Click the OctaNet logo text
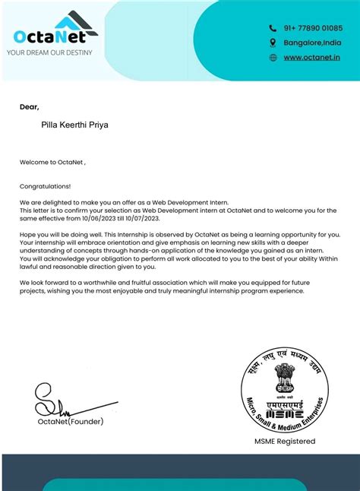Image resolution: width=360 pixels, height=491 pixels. pos(51,37)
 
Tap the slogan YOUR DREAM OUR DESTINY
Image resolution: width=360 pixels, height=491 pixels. pos(49,52)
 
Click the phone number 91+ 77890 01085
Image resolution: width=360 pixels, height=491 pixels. pos(313,28)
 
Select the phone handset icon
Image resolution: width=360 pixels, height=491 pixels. pos(273,28)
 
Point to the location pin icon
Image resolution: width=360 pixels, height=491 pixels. pos(273,43)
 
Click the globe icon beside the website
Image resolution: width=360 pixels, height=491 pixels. pos(273,57)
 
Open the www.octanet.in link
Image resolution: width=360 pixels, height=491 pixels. pos(311,57)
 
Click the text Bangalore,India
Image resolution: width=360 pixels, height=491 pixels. pos(312,43)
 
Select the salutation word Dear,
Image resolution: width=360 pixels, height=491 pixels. pos(29,107)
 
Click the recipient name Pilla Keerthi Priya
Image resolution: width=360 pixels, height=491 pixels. pos(74,124)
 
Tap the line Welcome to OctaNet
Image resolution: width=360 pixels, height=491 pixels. pos(52,162)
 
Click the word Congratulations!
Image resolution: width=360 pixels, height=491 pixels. pos(45,185)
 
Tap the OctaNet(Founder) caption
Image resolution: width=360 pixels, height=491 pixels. pos(71,421)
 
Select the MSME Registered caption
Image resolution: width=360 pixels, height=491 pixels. pos(285,441)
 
